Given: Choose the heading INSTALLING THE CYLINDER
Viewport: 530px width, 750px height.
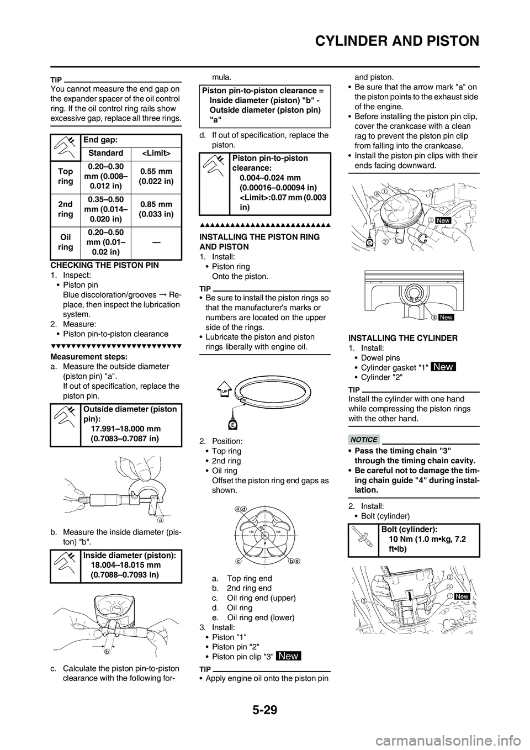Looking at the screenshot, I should coord(402,337).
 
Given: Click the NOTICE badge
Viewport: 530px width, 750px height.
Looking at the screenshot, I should coord(363,439).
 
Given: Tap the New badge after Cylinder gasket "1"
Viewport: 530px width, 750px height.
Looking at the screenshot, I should coord(444,367).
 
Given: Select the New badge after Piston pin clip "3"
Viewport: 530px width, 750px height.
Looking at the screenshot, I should coord(289,656).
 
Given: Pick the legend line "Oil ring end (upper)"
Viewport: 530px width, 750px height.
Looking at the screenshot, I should coord(261,598).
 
